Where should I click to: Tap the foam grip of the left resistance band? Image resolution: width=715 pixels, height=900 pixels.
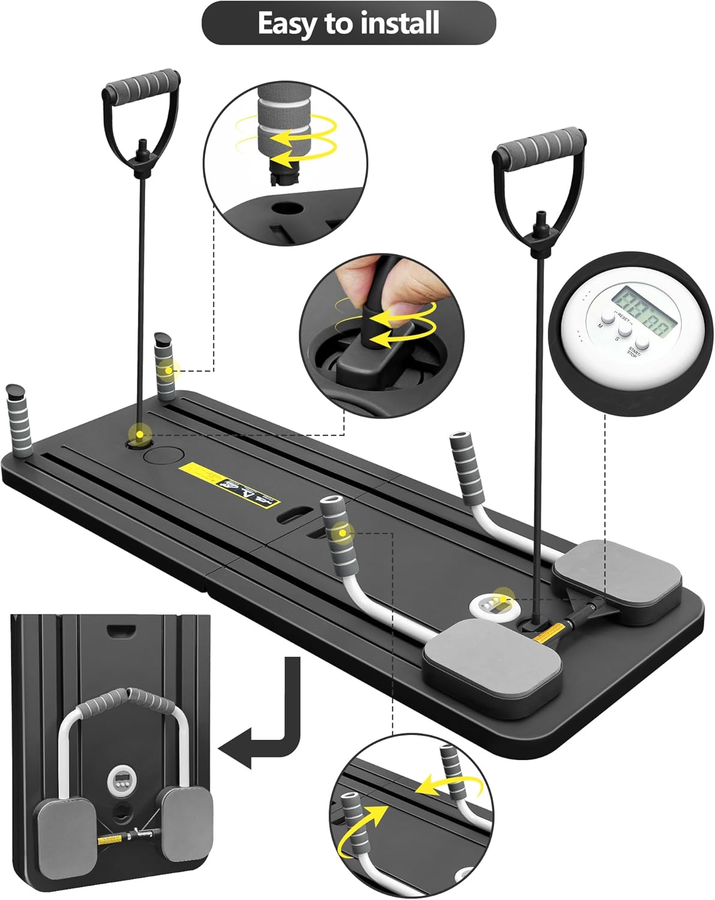[x=143, y=84]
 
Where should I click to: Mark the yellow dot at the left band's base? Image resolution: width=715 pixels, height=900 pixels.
[x=140, y=434]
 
